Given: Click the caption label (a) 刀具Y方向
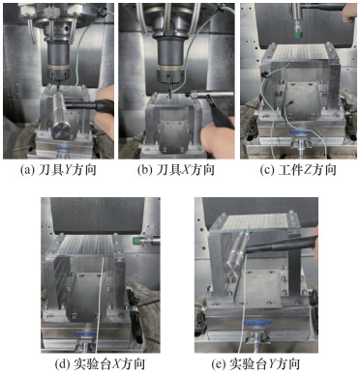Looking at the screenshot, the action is click(58, 170).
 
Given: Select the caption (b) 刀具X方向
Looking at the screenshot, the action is click(176, 170).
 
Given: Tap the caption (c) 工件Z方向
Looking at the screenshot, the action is click(298, 170).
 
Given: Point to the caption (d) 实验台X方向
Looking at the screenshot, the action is click(100, 363).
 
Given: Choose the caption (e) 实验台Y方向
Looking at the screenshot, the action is click(255, 363).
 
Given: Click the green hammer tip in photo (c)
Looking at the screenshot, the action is click(298, 30).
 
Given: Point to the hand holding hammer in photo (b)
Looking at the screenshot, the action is click(217, 139).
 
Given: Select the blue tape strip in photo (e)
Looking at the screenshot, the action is click(257, 323).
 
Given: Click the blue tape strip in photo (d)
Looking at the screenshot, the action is click(85, 334).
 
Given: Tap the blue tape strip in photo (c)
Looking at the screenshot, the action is click(300, 132).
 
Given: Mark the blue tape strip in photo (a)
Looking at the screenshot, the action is click(65, 149).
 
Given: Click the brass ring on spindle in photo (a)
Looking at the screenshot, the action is click(58, 68).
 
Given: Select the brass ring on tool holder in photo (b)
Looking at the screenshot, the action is click(170, 69).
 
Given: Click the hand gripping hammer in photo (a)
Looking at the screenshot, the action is click(105, 107).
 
